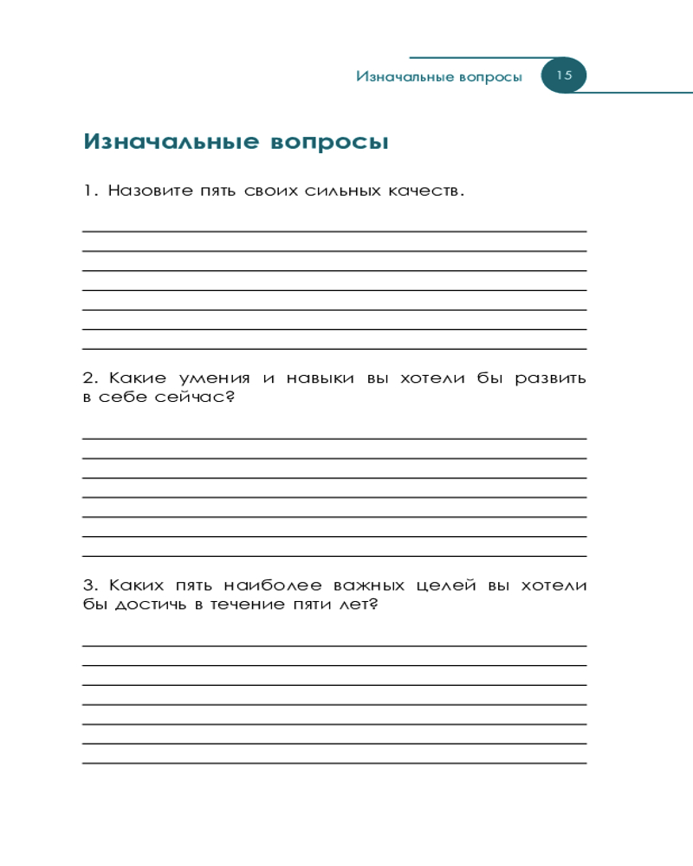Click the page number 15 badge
click(564, 75)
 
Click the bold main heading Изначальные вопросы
click(236, 142)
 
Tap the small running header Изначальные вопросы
click(439, 77)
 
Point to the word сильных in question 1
click(342, 191)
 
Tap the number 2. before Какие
click(91, 378)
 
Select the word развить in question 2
click(551, 378)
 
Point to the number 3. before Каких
click(91, 586)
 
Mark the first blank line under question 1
click(334, 231)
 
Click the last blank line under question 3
click(334, 763)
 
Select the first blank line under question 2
click(334, 439)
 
